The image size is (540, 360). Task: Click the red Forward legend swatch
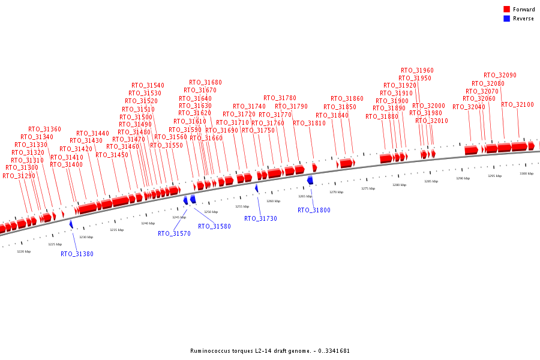pos(506,9)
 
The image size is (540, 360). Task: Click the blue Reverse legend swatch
pos(506,19)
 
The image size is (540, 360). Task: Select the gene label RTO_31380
pos(77,254)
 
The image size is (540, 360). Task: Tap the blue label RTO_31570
pos(174,233)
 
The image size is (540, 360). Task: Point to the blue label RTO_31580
pos(214,226)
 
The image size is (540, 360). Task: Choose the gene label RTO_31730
pos(260,218)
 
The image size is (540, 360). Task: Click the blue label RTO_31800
pos(314,210)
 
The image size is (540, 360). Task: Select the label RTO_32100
pos(517,104)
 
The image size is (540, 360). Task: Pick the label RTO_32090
pos(500,76)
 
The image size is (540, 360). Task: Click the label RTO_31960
pos(417,70)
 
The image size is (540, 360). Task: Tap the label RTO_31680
pos(205,82)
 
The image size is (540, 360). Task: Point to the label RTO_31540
pos(148,85)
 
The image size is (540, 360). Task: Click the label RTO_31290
pos(19,176)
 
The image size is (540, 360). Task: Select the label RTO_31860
pos(347,98)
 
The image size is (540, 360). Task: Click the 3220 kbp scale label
pos(23,251)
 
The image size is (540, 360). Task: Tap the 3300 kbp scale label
pos(526,173)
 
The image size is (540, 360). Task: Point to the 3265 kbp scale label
pos(305,196)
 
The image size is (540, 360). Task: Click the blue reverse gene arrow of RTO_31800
pos(310,180)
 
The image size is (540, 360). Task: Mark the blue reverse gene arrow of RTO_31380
pos(71,224)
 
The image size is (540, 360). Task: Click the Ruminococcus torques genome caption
pos(269,351)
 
